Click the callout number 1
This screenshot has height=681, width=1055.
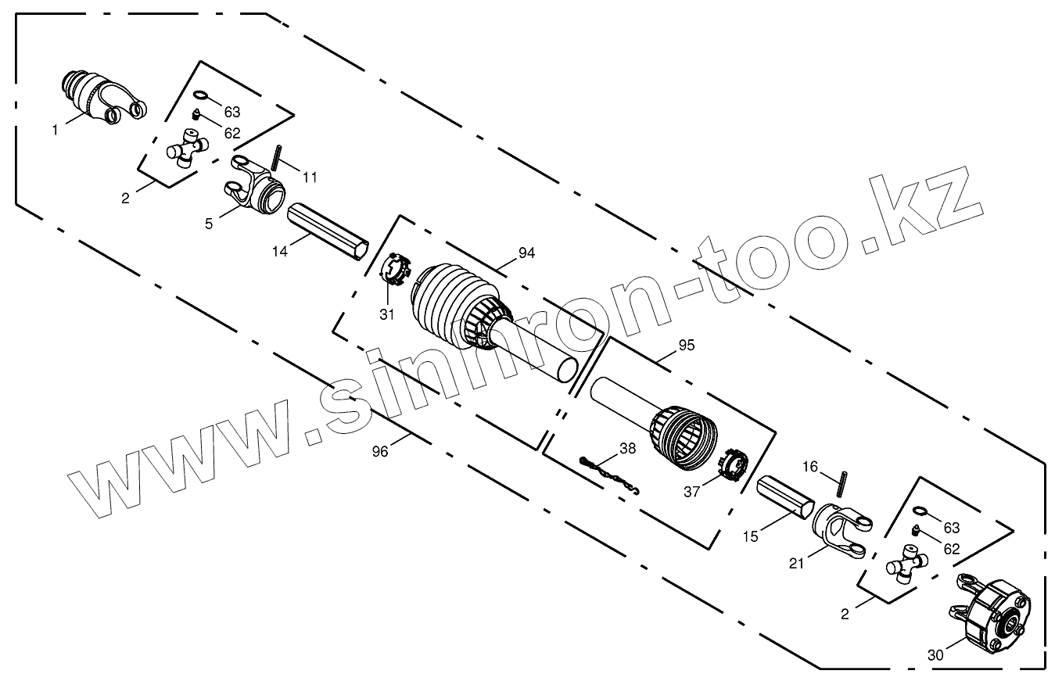pos(55,131)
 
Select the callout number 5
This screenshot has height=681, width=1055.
pos(209,224)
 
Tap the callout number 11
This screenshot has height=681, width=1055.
pos(310,177)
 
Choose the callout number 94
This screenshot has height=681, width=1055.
pos(526,253)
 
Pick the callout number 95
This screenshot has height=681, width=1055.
pos(686,345)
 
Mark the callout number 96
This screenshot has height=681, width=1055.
pos(380,451)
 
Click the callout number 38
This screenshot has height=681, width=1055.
pos(627,449)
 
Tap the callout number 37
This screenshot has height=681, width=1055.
pos(691,491)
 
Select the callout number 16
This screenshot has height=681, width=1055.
pos(810,467)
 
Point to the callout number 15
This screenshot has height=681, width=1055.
pos(751,537)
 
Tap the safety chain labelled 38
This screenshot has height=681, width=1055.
pos(611,475)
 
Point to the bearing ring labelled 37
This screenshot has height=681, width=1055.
pos(732,466)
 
